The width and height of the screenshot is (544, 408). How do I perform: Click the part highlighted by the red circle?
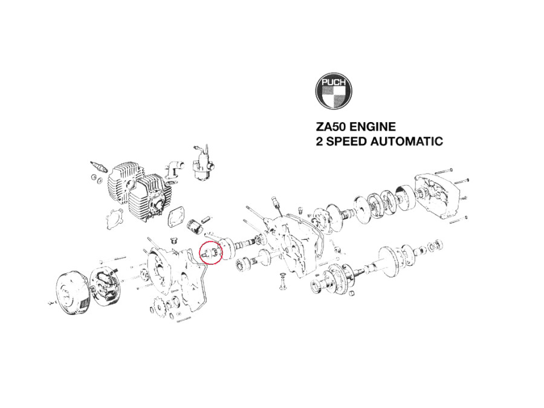[210, 253]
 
